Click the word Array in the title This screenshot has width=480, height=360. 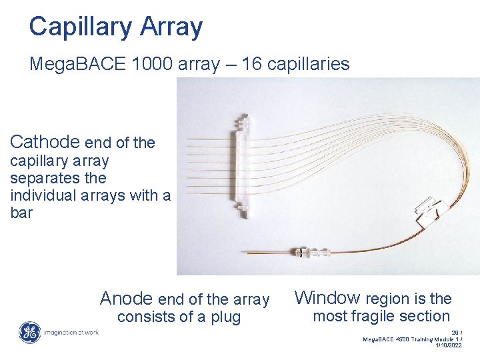click(171, 27)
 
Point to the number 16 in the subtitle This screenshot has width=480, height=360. click(252, 64)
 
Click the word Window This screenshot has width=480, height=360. click(328, 298)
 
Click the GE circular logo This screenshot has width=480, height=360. click(29, 332)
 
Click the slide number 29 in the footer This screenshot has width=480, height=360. click(455, 332)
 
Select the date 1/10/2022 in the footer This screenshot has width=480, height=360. click(448, 346)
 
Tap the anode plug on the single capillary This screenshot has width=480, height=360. click(311, 253)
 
